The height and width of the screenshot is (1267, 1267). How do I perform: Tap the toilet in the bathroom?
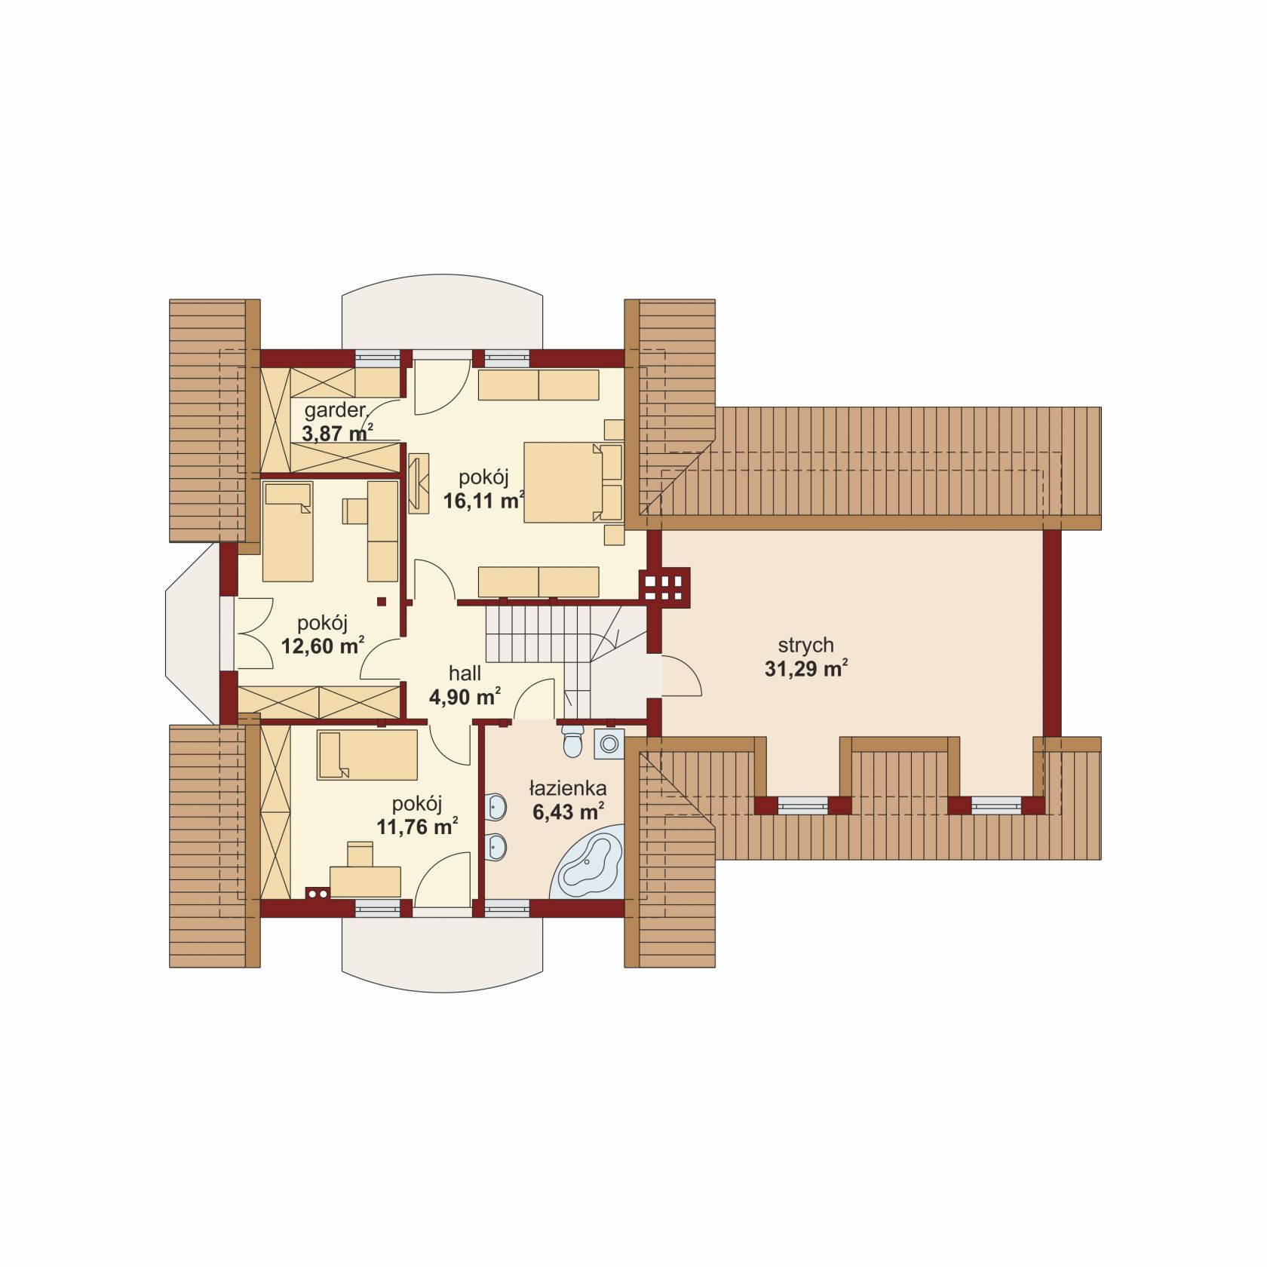tap(572, 741)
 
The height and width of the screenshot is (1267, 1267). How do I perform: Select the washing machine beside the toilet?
tap(608, 744)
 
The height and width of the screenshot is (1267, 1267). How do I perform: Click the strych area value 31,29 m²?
tap(806, 669)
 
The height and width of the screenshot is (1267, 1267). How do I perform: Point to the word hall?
tap(465, 673)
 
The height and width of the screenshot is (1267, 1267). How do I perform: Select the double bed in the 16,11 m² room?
tap(573, 483)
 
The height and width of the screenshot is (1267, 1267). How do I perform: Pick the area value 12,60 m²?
tap(324, 646)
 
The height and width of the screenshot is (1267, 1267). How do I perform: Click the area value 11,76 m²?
tap(417, 827)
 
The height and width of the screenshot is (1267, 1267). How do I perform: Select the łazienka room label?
tap(567, 789)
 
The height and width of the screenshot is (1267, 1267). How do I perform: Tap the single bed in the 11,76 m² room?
tap(367, 754)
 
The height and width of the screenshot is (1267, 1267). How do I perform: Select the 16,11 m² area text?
tap(483, 501)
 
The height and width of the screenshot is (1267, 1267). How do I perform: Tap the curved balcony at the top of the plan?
tap(442, 318)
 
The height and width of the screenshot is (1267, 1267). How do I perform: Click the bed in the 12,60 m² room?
tap(287, 532)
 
